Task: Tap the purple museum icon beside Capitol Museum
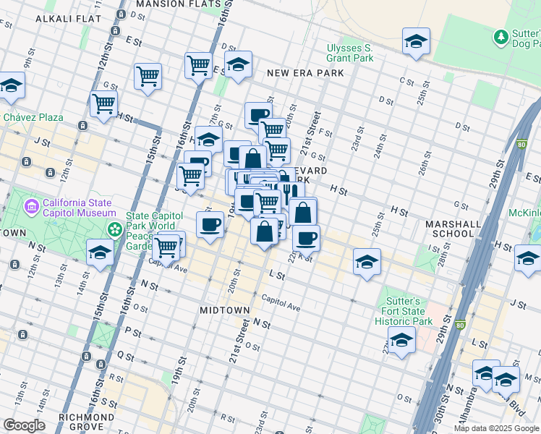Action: pyautogui.click(x=31, y=208)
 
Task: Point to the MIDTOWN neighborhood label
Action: pyautogui.click(x=224, y=310)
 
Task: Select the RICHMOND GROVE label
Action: pyautogui.click(x=88, y=422)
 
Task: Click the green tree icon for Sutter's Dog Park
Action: pyautogui.click(x=499, y=35)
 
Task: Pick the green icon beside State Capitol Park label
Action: pyautogui.click(x=114, y=229)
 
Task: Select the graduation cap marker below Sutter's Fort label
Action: pyautogui.click(x=401, y=341)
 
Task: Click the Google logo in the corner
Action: pyautogui.click(x=24, y=425)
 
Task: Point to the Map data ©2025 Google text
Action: pyautogui.click(x=496, y=428)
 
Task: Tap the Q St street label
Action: pyautogui.click(x=130, y=357)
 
